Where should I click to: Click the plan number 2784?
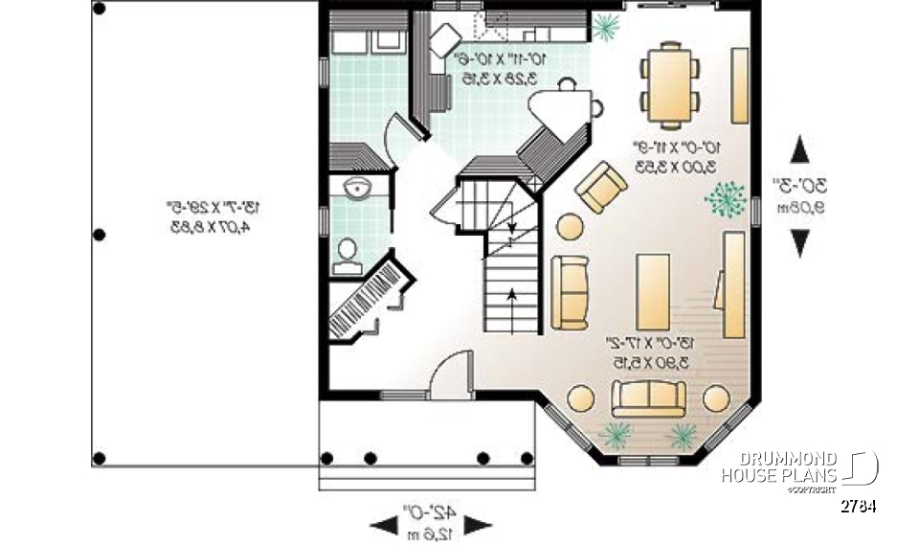[x=859, y=506]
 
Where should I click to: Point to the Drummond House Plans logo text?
[x=779, y=468]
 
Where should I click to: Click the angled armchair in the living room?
[x=601, y=188]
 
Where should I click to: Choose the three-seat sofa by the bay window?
[x=648, y=397]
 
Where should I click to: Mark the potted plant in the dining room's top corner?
[x=604, y=28]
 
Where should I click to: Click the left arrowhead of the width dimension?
[x=384, y=523]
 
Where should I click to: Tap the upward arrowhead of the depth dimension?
[x=799, y=149]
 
